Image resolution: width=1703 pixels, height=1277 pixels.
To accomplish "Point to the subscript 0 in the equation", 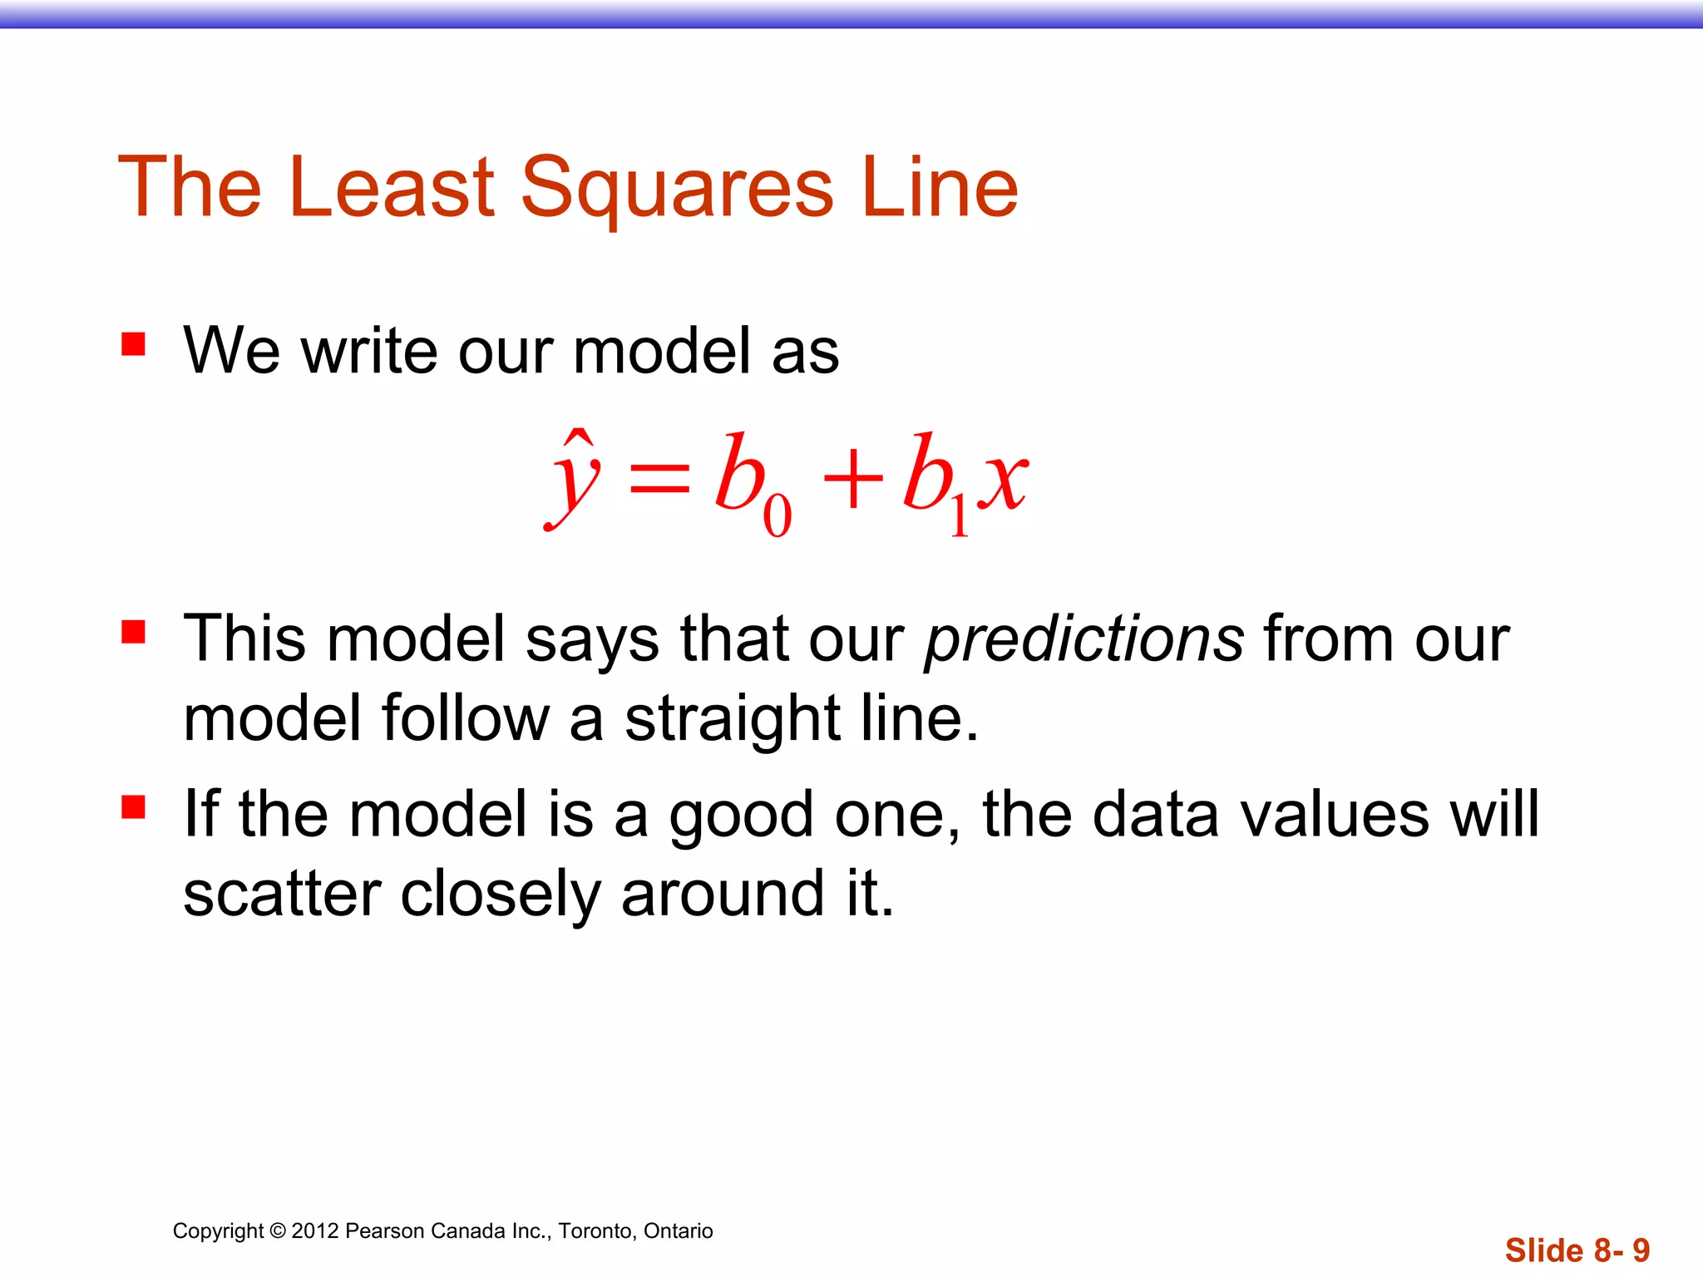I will pyautogui.click(x=777, y=515).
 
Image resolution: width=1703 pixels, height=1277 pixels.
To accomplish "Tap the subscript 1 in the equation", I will pyautogui.click(x=959, y=515).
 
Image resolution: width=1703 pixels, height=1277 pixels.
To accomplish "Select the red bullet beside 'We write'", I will pyautogui.click(x=133, y=344).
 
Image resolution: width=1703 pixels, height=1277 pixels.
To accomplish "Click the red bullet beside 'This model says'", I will pyautogui.click(x=133, y=632).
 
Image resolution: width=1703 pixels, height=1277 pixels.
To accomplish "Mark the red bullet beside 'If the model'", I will pyautogui.click(x=133, y=807).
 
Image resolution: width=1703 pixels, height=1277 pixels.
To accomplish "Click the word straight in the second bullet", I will pyautogui.click(x=733, y=718).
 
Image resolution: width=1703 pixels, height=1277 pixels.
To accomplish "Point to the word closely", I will pyautogui.click(x=500, y=895).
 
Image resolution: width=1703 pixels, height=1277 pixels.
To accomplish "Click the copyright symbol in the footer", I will pyautogui.click(x=278, y=1231).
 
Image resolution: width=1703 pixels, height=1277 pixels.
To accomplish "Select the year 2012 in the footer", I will pyautogui.click(x=315, y=1231).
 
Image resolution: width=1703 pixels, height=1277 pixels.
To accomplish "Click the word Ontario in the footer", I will pyautogui.click(x=678, y=1231).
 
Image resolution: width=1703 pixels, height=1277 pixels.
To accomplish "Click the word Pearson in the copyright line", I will pyautogui.click(x=383, y=1231).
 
